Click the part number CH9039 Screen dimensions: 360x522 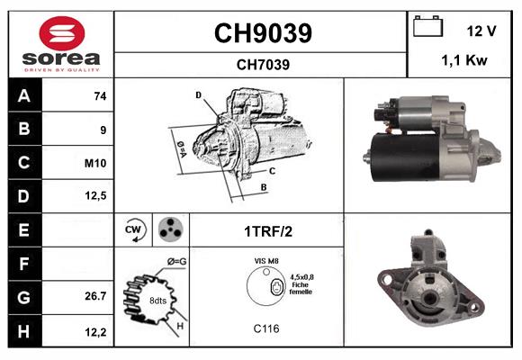point(262,34)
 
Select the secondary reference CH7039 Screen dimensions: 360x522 point(262,64)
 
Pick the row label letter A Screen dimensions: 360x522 point(23,96)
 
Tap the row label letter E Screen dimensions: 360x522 point(23,230)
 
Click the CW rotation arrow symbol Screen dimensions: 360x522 point(134,229)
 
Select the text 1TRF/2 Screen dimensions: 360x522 point(267,230)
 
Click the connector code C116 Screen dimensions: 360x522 point(266,328)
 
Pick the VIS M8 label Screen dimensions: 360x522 point(266,261)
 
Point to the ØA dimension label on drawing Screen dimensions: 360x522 point(181,147)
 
